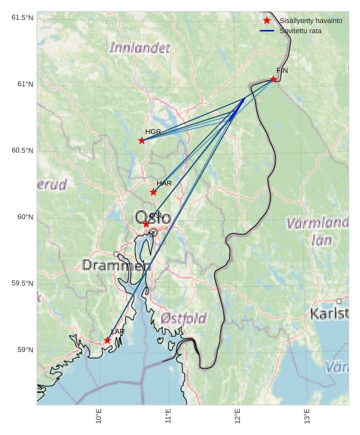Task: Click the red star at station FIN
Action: (273, 79)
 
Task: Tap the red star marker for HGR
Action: (142, 141)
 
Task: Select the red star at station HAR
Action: (153, 192)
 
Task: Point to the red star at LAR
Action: (107, 340)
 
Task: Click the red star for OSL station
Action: (146, 224)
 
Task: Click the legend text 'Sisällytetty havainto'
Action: (311, 21)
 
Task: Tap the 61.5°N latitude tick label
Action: (22, 18)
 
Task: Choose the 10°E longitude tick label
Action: (98, 416)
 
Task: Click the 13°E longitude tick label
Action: (307, 416)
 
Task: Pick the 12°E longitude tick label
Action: (238, 416)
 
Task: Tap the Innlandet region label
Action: (140, 48)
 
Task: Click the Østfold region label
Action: (184, 318)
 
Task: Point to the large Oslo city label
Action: (153, 218)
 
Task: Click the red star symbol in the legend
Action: (267, 21)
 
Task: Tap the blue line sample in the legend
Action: (267, 31)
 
